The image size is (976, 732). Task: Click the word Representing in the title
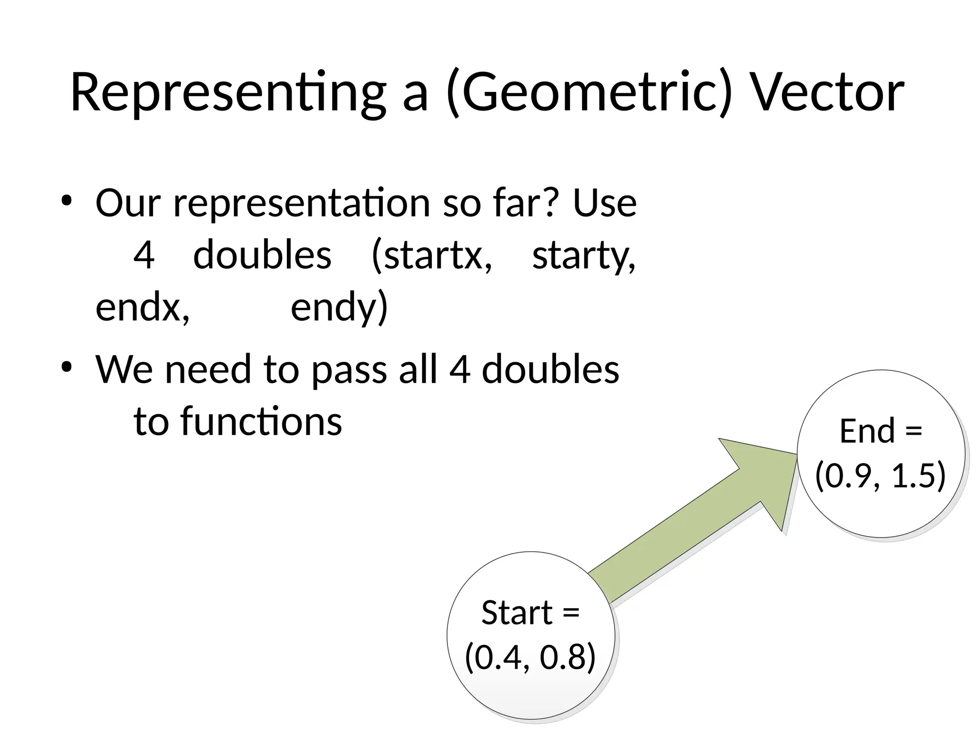(228, 93)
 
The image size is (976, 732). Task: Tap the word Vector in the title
(827, 93)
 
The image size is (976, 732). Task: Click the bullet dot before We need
(66, 367)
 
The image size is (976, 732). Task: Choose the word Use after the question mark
(604, 203)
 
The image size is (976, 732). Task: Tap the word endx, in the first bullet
(142, 307)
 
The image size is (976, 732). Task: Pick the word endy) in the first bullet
(339, 307)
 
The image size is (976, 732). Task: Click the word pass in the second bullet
(349, 370)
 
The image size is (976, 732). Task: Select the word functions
(261, 422)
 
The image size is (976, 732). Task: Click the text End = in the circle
(881, 431)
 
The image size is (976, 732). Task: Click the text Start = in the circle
(530, 613)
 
